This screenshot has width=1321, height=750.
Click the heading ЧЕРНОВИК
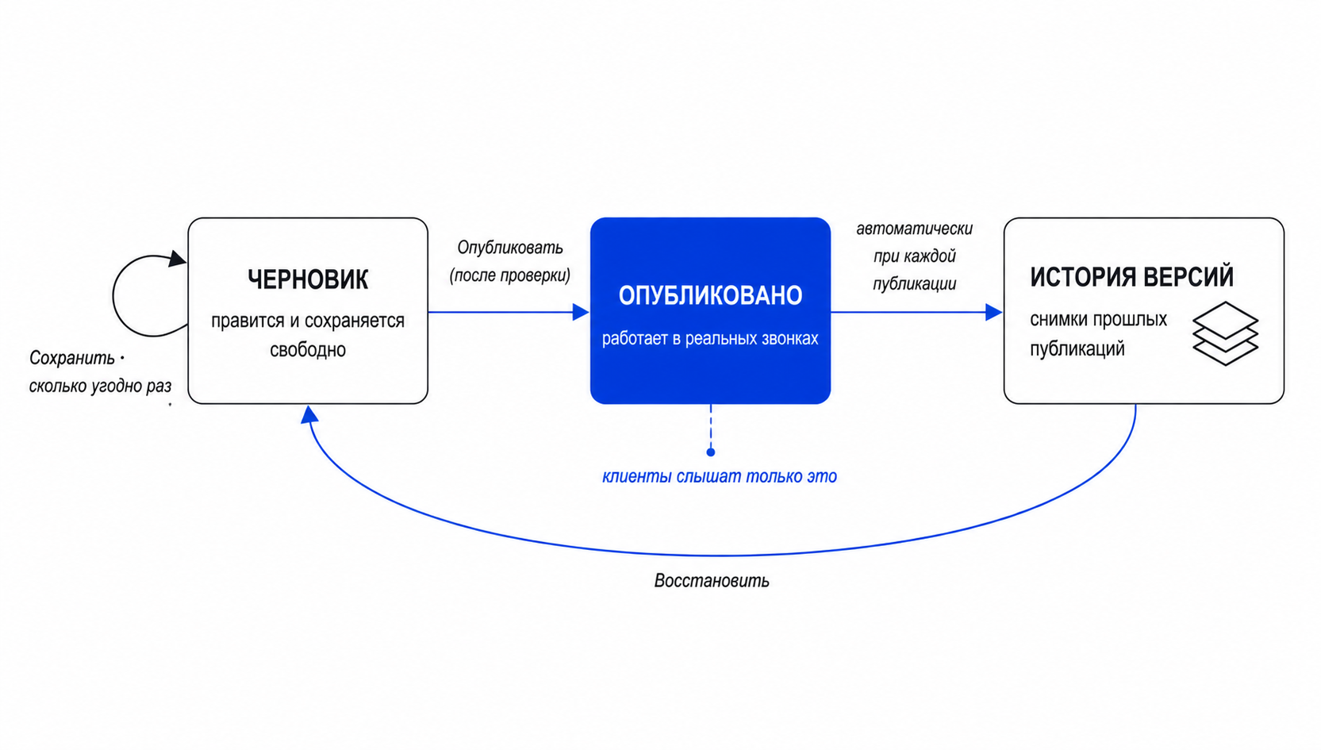pos(308,279)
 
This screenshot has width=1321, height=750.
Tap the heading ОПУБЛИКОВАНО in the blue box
pos(710,295)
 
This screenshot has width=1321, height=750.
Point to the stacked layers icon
pos(1226,333)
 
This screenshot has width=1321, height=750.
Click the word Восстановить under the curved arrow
pos(712,581)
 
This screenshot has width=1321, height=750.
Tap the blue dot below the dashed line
pos(711,452)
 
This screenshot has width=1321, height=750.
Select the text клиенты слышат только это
pos(720,476)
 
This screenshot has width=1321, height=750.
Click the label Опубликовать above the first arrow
pos(510,248)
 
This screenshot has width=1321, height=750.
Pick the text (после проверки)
pos(510,275)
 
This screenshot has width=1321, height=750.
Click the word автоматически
pos(915,229)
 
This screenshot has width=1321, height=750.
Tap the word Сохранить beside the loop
pos(72,358)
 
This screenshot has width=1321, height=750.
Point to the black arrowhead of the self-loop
pos(177,259)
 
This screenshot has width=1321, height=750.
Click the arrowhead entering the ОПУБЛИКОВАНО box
pos(581,312)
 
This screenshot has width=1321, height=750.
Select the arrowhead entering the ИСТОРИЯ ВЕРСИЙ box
pos(994,312)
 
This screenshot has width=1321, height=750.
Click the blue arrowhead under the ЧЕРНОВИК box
pos(309,414)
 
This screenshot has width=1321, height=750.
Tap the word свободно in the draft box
pos(308,350)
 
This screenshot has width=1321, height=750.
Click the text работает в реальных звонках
pos(710,339)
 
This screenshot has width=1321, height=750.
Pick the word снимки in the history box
pos(1059,319)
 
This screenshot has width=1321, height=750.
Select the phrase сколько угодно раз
pos(100,386)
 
